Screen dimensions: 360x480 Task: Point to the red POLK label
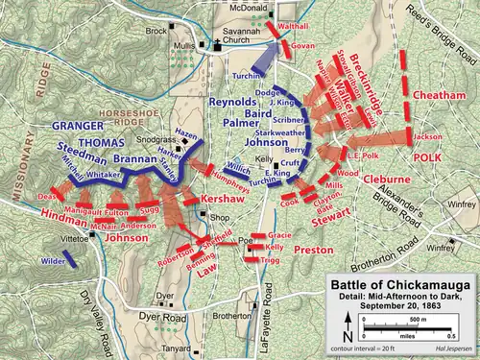(426, 156)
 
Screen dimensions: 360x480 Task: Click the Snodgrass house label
(154, 139)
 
